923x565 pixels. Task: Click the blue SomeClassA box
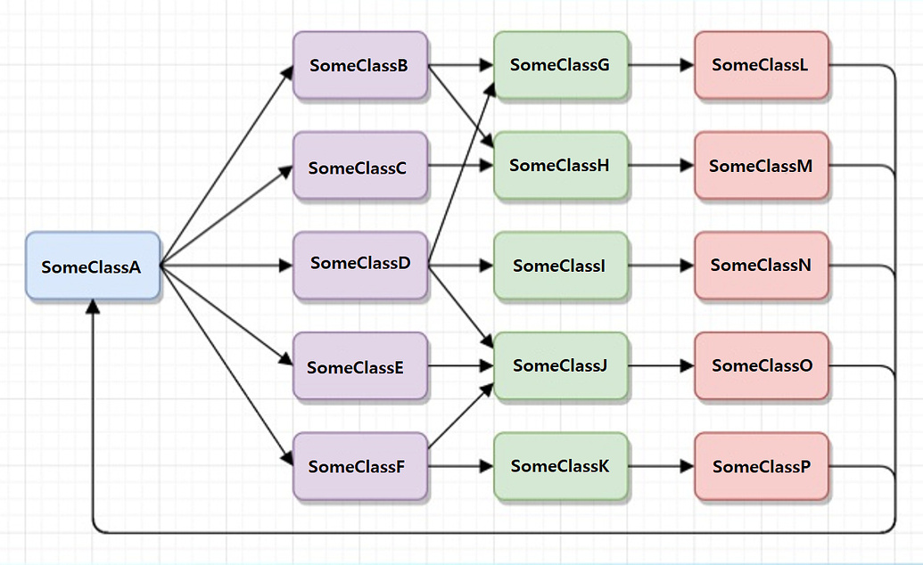[92, 266]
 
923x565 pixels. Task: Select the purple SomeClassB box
[359, 65]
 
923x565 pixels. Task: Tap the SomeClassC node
[359, 166]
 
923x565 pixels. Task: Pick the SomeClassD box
[359, 265]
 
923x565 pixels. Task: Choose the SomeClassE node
[359, 366]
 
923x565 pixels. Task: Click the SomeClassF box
[359, 466]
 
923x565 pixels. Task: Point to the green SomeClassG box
[561, 65]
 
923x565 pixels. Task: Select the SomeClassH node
[561, 166]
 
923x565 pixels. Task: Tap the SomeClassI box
[561, 265]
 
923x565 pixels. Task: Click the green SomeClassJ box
[561, 365]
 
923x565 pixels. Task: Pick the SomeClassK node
[561, 466]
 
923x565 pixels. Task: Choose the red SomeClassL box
[762, 65]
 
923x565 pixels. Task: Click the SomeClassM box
[762, 166]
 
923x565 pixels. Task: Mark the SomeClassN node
[762, 265]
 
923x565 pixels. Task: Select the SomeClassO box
[762, 365]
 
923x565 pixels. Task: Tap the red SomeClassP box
[762, 466]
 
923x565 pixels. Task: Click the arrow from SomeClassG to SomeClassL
[661, 65]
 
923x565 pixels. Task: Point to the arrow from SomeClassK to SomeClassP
[661, 466]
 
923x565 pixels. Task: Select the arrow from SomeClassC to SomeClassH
[460, 166]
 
